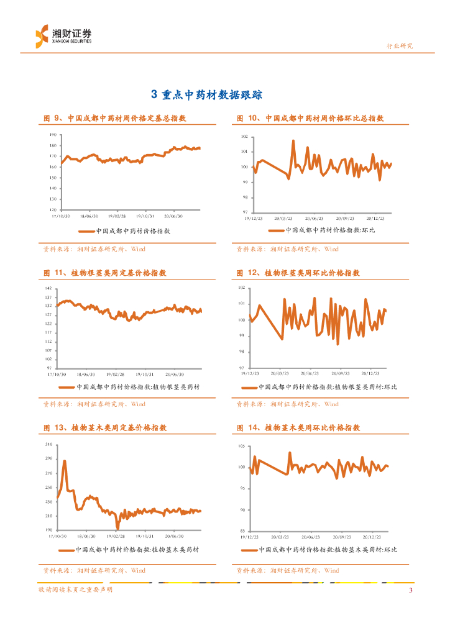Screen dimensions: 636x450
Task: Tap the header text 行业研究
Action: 400,46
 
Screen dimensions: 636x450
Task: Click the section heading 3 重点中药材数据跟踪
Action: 208,94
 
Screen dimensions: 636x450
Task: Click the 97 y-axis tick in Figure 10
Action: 245,212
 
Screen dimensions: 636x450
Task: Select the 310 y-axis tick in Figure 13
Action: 49,445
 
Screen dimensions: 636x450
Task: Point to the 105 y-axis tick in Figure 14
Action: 243,447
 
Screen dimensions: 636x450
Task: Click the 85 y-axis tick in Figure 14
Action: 244,530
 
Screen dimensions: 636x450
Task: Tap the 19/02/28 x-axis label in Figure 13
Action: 116,535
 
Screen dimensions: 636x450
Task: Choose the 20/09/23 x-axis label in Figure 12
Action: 342,374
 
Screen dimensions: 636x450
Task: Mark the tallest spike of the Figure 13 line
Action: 64,461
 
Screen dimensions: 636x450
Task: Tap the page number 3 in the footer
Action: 410,590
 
